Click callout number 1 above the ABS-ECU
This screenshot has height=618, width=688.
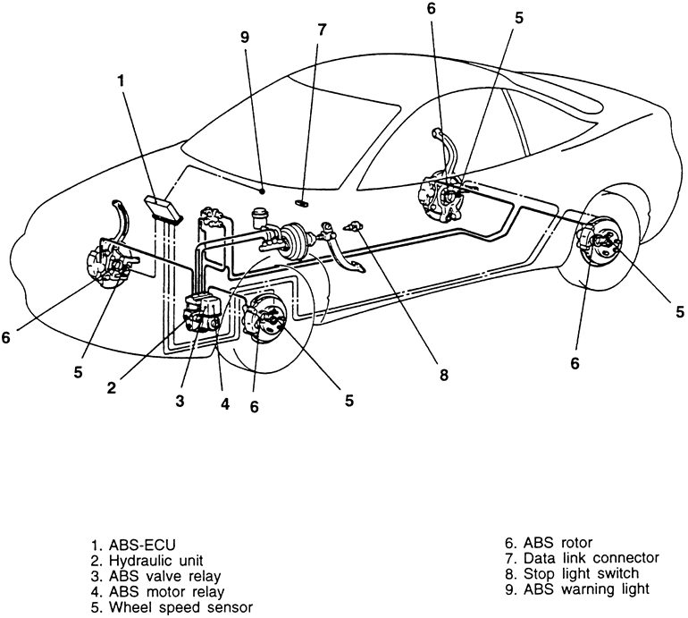point(121,80)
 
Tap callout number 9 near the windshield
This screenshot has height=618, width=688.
point(245,38)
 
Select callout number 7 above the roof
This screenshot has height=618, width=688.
point(322,30)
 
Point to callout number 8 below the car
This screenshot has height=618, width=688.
point(444,376)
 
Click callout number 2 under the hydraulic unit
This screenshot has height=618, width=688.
point(112,388)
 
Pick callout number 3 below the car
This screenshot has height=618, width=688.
point(180,401)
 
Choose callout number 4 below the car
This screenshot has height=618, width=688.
point(225,403)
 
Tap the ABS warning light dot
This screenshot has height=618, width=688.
point(262,191)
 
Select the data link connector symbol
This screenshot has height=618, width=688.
point(302,202)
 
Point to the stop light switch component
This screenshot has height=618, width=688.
point(354,226)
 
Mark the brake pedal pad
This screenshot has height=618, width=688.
point(357,267)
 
